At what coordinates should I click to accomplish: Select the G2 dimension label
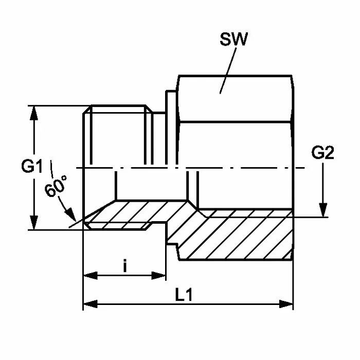(x=323, y=154)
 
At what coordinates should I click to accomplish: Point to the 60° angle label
(x=56, y=187)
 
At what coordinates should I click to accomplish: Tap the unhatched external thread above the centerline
(x=118, y=136)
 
